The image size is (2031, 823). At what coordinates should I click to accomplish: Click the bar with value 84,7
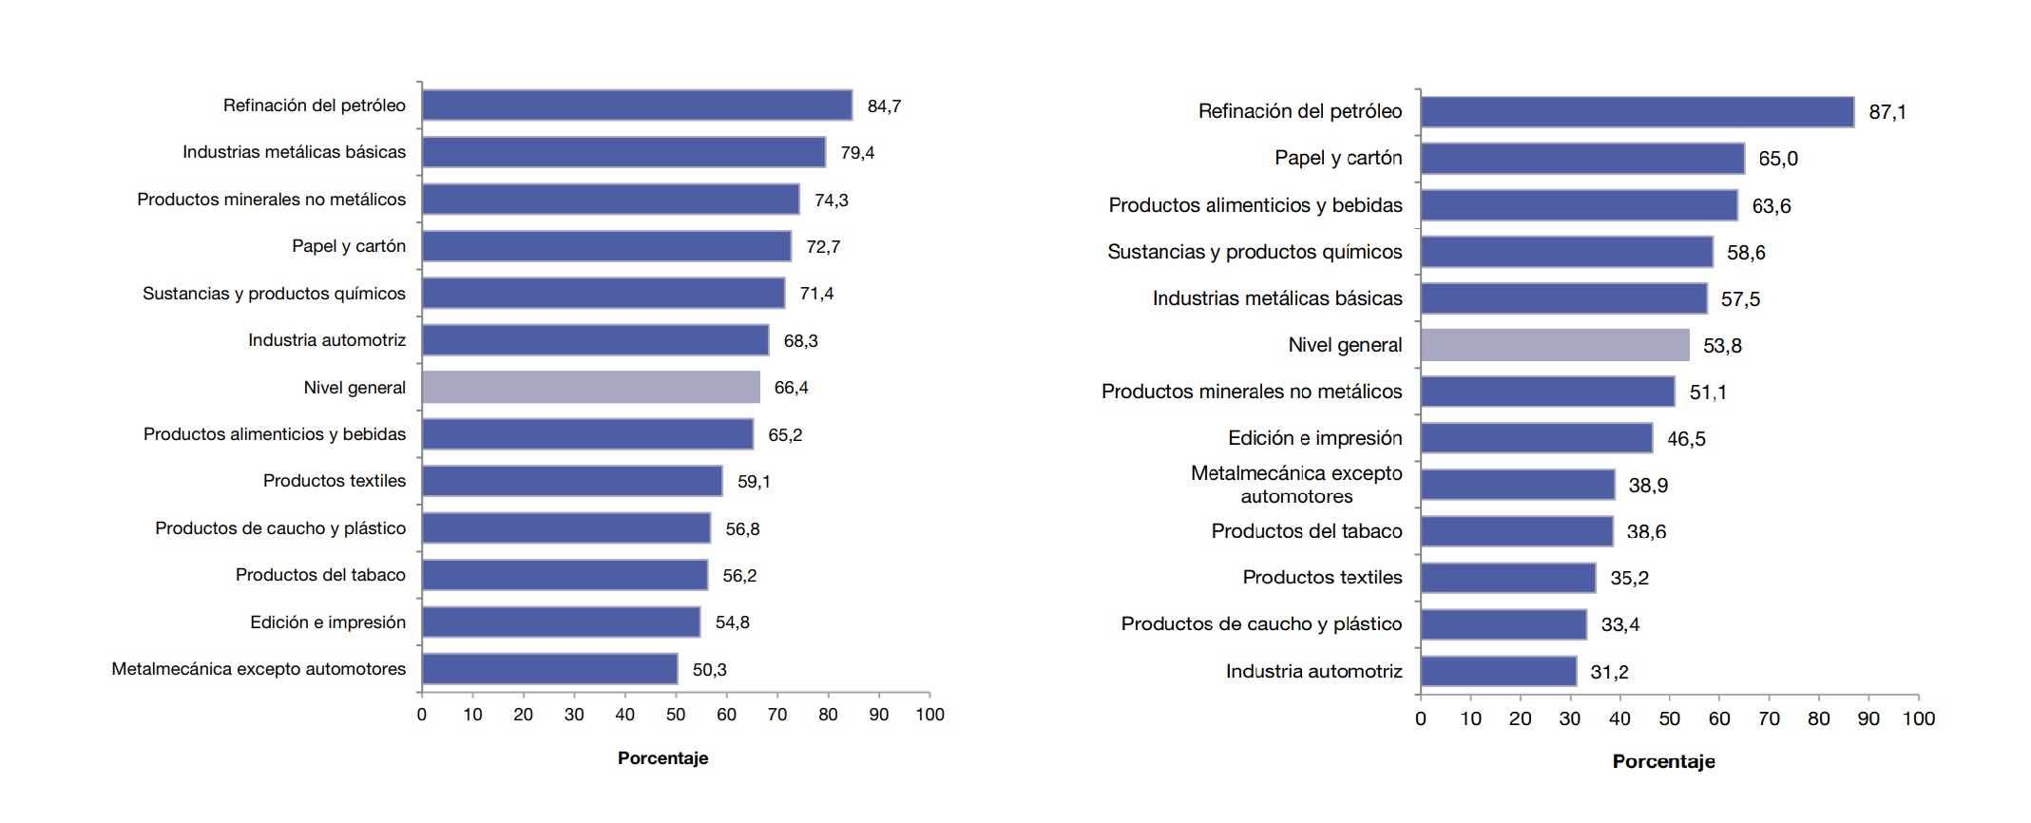pyautogui.click(x=637, y=105)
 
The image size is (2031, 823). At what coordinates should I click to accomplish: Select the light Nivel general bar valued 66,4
pyautogui.click(x=591, y=387)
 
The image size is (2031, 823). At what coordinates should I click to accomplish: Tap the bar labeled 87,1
pyautogui.click(x=1637, y=112)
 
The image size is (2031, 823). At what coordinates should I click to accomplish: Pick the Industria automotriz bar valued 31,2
pyautogui.click(x=1498, y=672)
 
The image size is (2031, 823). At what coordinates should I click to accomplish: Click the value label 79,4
pyautogui.click(x=857, y=153)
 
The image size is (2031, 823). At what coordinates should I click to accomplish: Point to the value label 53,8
pyautogui.click(x=1722, y=346)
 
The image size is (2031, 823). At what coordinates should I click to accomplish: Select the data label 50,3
pyautogui.click(x=710, y=670)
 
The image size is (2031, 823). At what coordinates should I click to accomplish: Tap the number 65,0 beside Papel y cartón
pyautogui.click(x=1777, y=159)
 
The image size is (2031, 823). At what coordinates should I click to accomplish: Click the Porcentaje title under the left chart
pyautogui.click(x=662, y=758)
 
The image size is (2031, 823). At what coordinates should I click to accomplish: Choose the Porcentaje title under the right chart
pyautogui.click(x=1663, y=762)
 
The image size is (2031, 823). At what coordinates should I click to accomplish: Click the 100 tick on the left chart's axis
pyautogui.click(x=929, y=715)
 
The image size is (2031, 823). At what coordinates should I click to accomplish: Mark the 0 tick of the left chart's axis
pyautogui.click(x=422, y=715)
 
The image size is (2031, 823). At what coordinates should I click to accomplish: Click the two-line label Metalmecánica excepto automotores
pyautogui.click(x=1296, y=485)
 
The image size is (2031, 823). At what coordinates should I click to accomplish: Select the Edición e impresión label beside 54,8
pyautogui.click(x=328, y=622)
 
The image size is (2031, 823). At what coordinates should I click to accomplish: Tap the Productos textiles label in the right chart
pyautogui.click(x=1322, y=578)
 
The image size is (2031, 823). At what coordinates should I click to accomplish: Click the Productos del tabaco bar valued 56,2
pyautogui.click(x=565, y=575)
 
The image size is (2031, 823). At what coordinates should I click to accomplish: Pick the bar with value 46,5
pyautogui.click(x=1536, y=438)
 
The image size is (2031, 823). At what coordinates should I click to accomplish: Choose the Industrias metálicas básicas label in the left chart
pyautogui.click(x=294, y=152)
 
